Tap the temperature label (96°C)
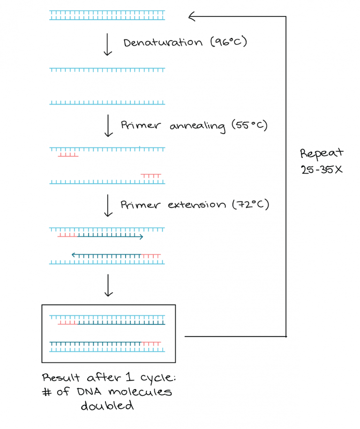(228, 43)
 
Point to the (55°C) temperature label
(249, 126)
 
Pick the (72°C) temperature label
(251, 205)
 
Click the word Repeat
(322, 154)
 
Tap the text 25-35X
(322, 169)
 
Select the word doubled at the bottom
(107, 406)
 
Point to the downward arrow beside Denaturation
(108, 45)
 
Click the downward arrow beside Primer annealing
(108, 126)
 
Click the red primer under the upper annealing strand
(68, 154)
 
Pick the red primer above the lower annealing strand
(151, 176)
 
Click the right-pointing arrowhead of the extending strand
(141, 237)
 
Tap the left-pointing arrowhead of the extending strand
(74, 255)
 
